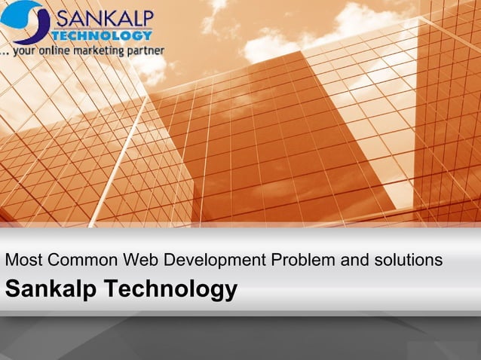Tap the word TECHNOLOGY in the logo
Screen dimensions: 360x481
coord(112,35)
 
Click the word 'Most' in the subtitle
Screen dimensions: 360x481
coord(23,261)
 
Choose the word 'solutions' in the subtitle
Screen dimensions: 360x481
coord(409,261)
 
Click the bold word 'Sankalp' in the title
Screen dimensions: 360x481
coord(51,288)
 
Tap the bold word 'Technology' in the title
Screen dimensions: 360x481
coord(170,288)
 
